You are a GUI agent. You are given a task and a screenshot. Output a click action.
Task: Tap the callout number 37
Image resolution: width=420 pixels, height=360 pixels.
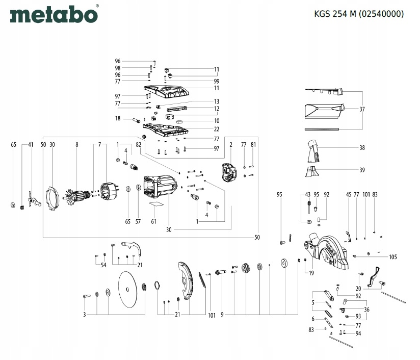pos(362,109)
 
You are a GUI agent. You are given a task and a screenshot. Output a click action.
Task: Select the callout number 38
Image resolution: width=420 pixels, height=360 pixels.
pos(362,148)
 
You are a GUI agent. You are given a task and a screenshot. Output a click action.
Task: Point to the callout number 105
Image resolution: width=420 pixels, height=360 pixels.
pos(392,256)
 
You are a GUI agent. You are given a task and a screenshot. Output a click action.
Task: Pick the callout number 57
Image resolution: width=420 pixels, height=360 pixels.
pos(138,221)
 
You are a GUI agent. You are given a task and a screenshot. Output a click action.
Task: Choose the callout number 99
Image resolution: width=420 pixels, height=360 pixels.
pos(217,81)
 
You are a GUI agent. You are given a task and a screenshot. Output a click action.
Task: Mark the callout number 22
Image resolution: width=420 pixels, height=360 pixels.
pos(217,128)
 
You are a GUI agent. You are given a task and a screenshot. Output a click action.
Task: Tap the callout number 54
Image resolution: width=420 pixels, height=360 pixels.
pos(103,265)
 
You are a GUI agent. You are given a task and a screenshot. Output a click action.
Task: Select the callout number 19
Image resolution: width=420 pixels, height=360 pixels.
pos(311,274)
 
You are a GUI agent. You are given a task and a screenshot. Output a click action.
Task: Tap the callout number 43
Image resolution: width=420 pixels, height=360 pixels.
pos(307,194)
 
